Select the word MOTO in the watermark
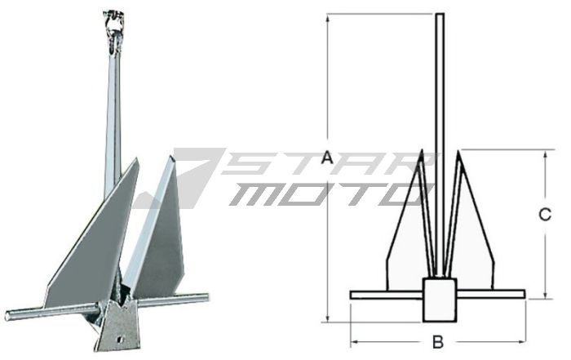pos(326,194)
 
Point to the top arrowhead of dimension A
pos(328,16)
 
